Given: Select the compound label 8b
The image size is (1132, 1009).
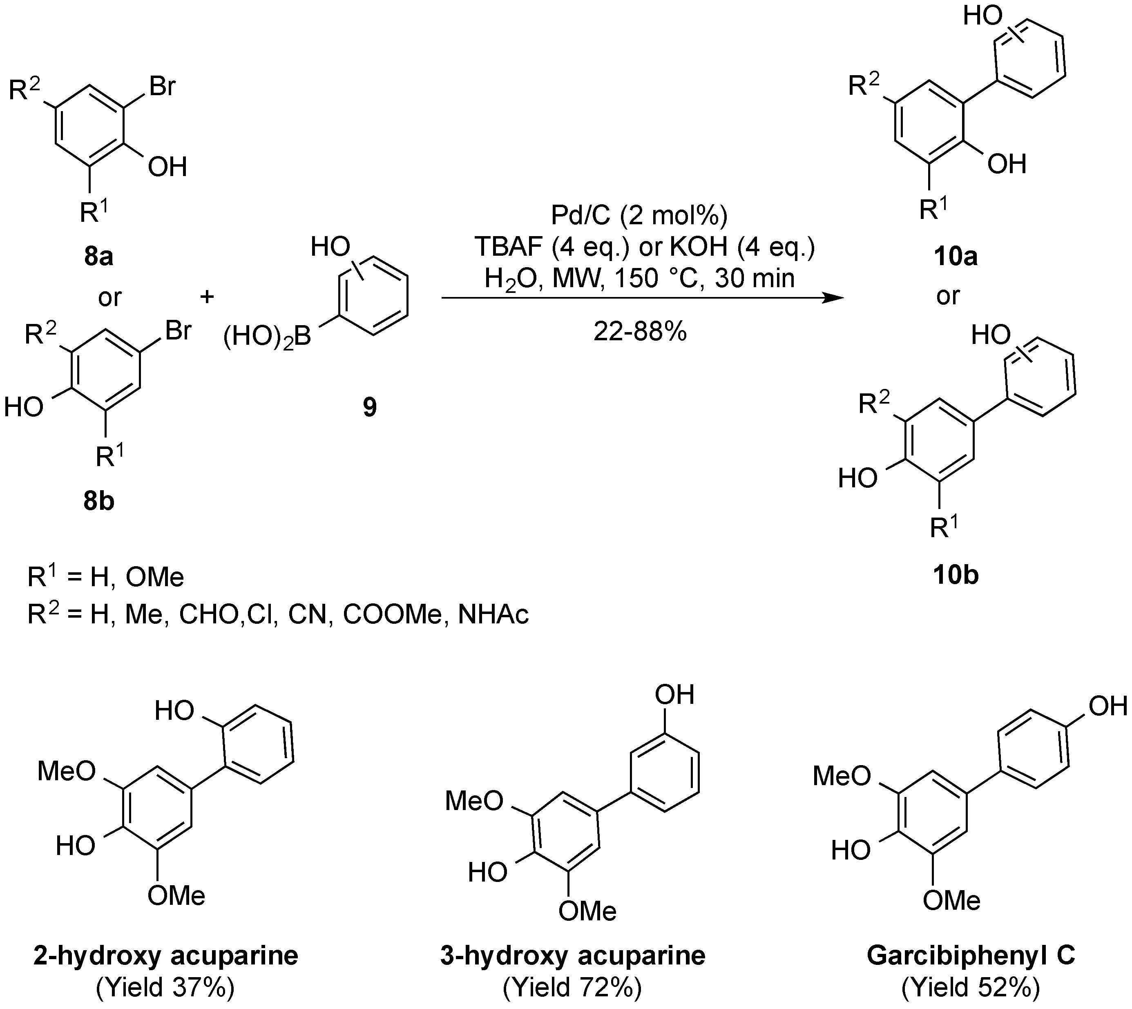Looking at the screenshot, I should point(99,501).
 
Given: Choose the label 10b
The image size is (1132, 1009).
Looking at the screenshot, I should point(955,576).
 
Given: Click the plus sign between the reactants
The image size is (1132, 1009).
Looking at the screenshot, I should point(207,297).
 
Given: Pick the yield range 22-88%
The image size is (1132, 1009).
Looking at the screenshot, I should point(640,332).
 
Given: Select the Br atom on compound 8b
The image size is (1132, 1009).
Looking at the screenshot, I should point(178,331).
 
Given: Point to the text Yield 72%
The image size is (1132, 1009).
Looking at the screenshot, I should point(573,987).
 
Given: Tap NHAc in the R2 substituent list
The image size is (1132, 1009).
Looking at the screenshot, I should point(493,615).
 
